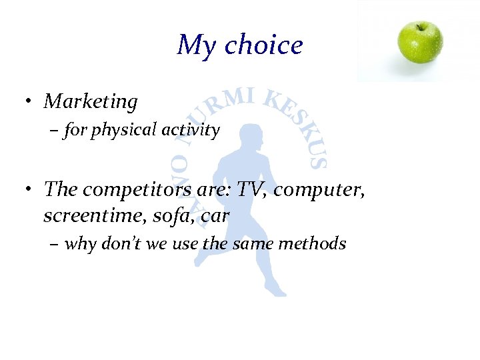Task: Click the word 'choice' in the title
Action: [x=263, y=45]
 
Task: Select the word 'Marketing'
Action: [x=91, y=102]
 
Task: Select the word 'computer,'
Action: [x=320, y=191]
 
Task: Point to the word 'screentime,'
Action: [x=84, y=216]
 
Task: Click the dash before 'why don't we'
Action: [x=55, y=245]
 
